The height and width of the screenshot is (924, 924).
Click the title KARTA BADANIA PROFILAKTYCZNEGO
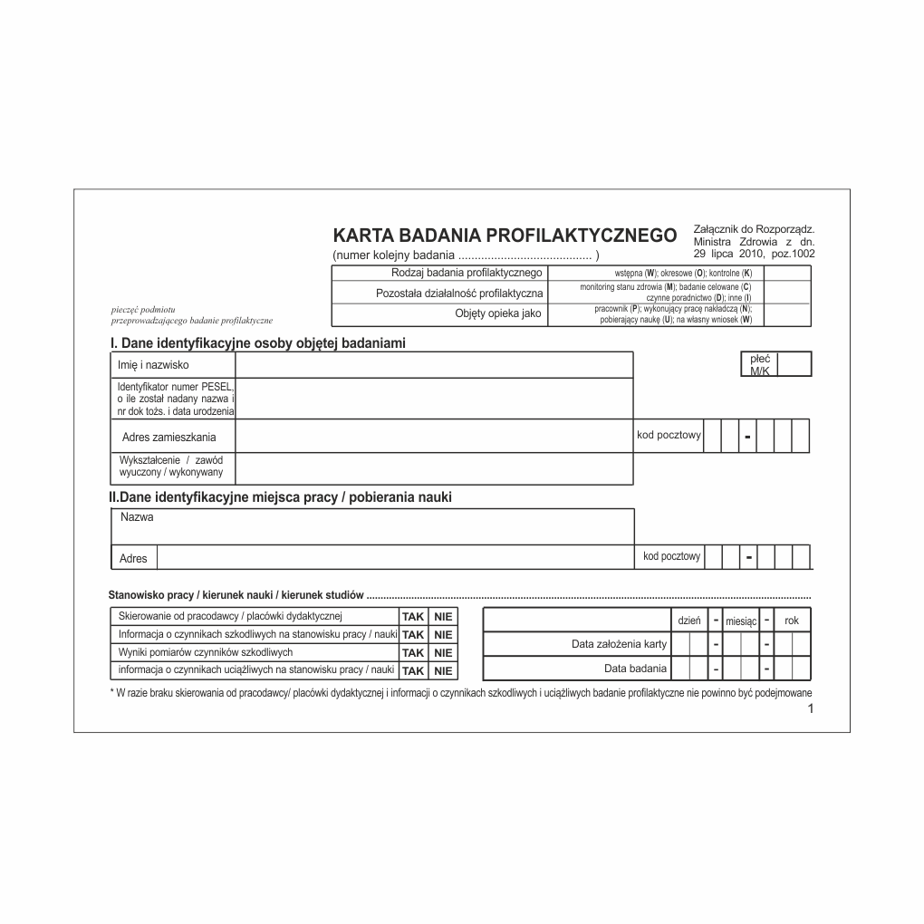(x=505, y=236)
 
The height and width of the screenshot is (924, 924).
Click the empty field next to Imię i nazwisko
(x=433, y=364)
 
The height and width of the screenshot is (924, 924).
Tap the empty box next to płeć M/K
(x=794, y=364)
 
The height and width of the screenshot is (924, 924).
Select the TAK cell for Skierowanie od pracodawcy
(x=412, y=617)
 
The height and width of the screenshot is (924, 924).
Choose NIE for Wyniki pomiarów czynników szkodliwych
(x=443, y=652)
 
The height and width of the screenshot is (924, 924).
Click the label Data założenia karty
(x=619, y=644)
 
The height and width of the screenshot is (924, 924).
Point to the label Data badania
(x=635, y=669)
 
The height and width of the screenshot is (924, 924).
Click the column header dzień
(x=689, y=621)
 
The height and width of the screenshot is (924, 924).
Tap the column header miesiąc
(x=741, y=621)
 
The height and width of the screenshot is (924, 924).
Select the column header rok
(x=792, y=621)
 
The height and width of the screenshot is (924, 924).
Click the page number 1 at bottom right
(x=811, y=709)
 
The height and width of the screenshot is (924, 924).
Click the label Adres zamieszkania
(x=169, y=438)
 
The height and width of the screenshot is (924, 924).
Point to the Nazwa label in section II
(x=137, y=517)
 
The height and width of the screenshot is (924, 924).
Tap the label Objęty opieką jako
(x=497, y=313)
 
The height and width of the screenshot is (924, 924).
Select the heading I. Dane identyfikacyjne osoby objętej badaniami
(x=257, y=343)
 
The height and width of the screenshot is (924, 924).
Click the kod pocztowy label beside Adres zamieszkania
(x=669, y=435)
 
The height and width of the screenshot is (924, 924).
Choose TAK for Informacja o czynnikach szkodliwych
(x=412, y=635)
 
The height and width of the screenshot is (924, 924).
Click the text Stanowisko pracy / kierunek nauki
(x=236, y=595)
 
